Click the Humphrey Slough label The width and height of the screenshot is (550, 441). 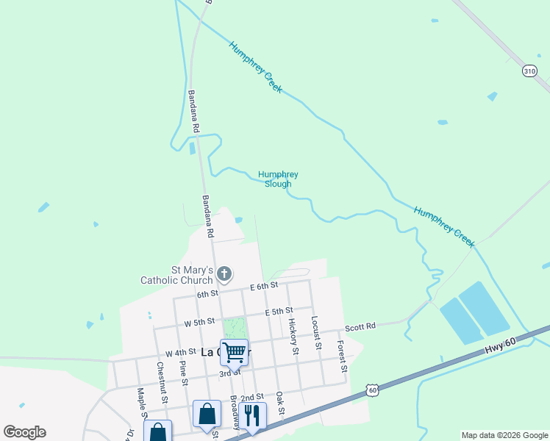coord(278,179)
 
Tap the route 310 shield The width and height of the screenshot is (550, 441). coord(529,71)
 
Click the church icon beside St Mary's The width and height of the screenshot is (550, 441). coord(225,275)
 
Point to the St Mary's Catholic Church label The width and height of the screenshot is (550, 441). coord(177,275)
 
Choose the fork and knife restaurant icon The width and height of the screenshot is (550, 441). coord(251,415)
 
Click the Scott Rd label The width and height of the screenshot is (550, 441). coord(360,326)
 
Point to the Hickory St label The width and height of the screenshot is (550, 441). coord(293,336)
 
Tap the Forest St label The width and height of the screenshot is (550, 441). coord(341,356)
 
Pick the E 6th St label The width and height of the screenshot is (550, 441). coord(264,286)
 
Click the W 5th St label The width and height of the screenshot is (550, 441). coord(199,322)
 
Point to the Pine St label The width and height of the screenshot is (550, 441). coord(182,373)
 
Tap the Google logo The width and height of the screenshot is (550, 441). coord(25,432)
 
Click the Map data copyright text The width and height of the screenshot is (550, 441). coord(504,435)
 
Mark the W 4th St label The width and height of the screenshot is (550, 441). coord(180,354)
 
